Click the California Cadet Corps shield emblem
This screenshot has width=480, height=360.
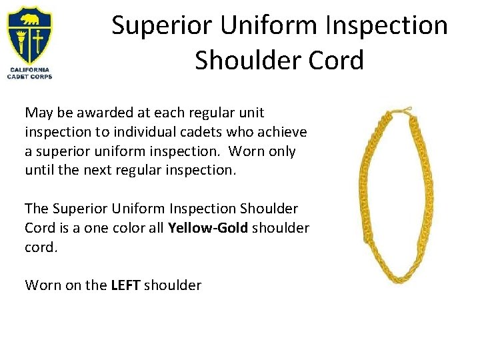(x=29, y=35)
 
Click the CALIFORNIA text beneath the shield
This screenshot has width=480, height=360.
(x=29, y=70)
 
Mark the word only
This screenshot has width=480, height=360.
(x=281, y=151)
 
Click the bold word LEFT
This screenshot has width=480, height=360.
(x=125, y=285)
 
